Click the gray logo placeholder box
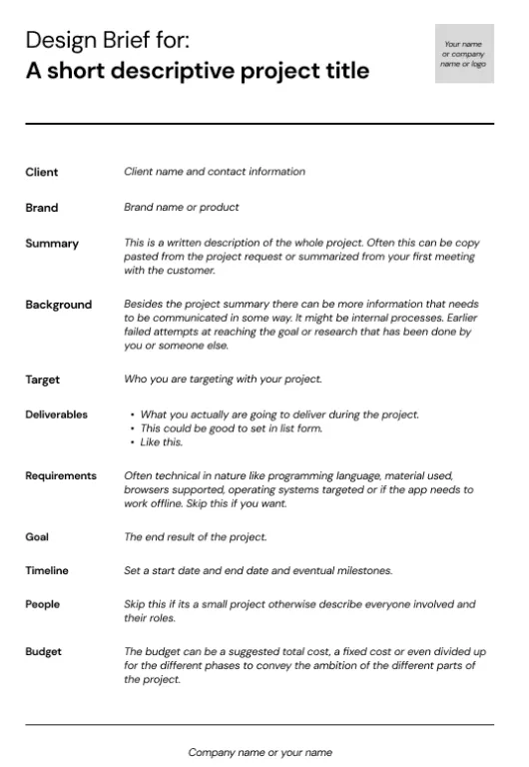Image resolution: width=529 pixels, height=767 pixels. pos(464,54)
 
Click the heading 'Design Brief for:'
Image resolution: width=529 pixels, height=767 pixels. pos(107,40)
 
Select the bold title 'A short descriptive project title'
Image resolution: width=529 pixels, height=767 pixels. pos(197,71)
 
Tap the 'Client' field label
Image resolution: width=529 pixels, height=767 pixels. pos(42,172)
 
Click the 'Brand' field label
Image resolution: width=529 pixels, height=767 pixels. pos(42,208)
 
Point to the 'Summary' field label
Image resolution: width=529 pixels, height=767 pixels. pos(52,244)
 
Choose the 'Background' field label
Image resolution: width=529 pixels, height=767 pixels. pos(58,305)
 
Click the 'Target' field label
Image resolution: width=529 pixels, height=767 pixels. pos(43,380)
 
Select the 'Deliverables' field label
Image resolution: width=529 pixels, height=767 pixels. pos(56,414)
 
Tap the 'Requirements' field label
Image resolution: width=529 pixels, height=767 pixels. pos(61,476)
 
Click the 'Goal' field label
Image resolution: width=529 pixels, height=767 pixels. pos(37,536)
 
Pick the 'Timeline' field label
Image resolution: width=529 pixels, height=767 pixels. pos(47,570)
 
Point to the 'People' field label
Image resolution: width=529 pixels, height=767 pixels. pos(43,604)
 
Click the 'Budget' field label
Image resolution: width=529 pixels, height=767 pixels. pos(44,651)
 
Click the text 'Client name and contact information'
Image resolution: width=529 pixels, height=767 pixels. pos(215,172)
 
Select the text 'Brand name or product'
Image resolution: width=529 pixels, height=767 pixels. pos(182,208)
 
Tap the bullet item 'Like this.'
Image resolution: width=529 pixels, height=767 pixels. pos(161,442)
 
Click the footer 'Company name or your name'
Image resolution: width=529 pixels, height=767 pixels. pos(260,752)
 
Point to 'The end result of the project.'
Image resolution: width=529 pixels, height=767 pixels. pos(196,536)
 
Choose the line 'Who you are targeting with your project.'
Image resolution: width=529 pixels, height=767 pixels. pos(223,380)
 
